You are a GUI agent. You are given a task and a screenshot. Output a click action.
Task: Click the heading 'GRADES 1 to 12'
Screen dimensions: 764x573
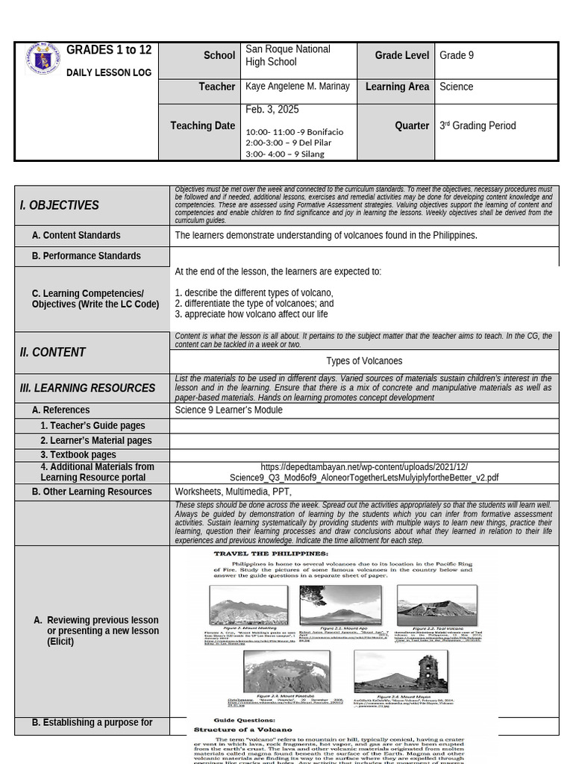[109, 50]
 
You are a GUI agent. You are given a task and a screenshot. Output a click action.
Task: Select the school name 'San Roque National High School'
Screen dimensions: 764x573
[287, 55]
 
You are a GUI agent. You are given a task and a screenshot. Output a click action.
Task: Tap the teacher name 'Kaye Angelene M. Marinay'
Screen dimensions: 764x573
[297, 87]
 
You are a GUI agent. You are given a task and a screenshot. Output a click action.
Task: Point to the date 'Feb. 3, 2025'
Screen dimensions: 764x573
[272, 110]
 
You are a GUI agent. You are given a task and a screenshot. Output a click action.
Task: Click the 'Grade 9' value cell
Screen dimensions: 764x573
[457, 56]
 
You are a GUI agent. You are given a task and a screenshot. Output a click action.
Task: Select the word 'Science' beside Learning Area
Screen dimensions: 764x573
[456, 87]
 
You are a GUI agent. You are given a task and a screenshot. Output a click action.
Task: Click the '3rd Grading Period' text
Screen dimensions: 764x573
[477, 126]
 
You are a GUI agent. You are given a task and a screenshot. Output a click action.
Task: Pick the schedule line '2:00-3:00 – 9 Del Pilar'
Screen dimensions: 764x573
[287, 143]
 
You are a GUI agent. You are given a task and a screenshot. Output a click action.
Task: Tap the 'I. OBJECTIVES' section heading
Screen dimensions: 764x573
[60, 205]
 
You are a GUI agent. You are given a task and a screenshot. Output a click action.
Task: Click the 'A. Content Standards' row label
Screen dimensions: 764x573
[75, 236]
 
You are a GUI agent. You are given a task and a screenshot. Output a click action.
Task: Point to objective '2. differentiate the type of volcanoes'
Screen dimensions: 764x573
[254, 304]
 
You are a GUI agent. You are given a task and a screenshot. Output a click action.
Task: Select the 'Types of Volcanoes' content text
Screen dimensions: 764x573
[364, 361]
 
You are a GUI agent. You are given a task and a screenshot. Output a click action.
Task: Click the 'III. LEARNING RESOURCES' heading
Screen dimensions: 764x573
[88, 388]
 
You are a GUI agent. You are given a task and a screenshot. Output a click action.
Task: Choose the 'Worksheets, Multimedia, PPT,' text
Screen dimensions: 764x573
[233, 492]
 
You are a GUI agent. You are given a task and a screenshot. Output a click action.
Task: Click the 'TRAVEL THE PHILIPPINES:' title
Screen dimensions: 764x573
[271, 554]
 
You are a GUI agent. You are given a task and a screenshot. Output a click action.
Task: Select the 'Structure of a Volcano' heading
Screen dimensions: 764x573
[243, 729]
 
